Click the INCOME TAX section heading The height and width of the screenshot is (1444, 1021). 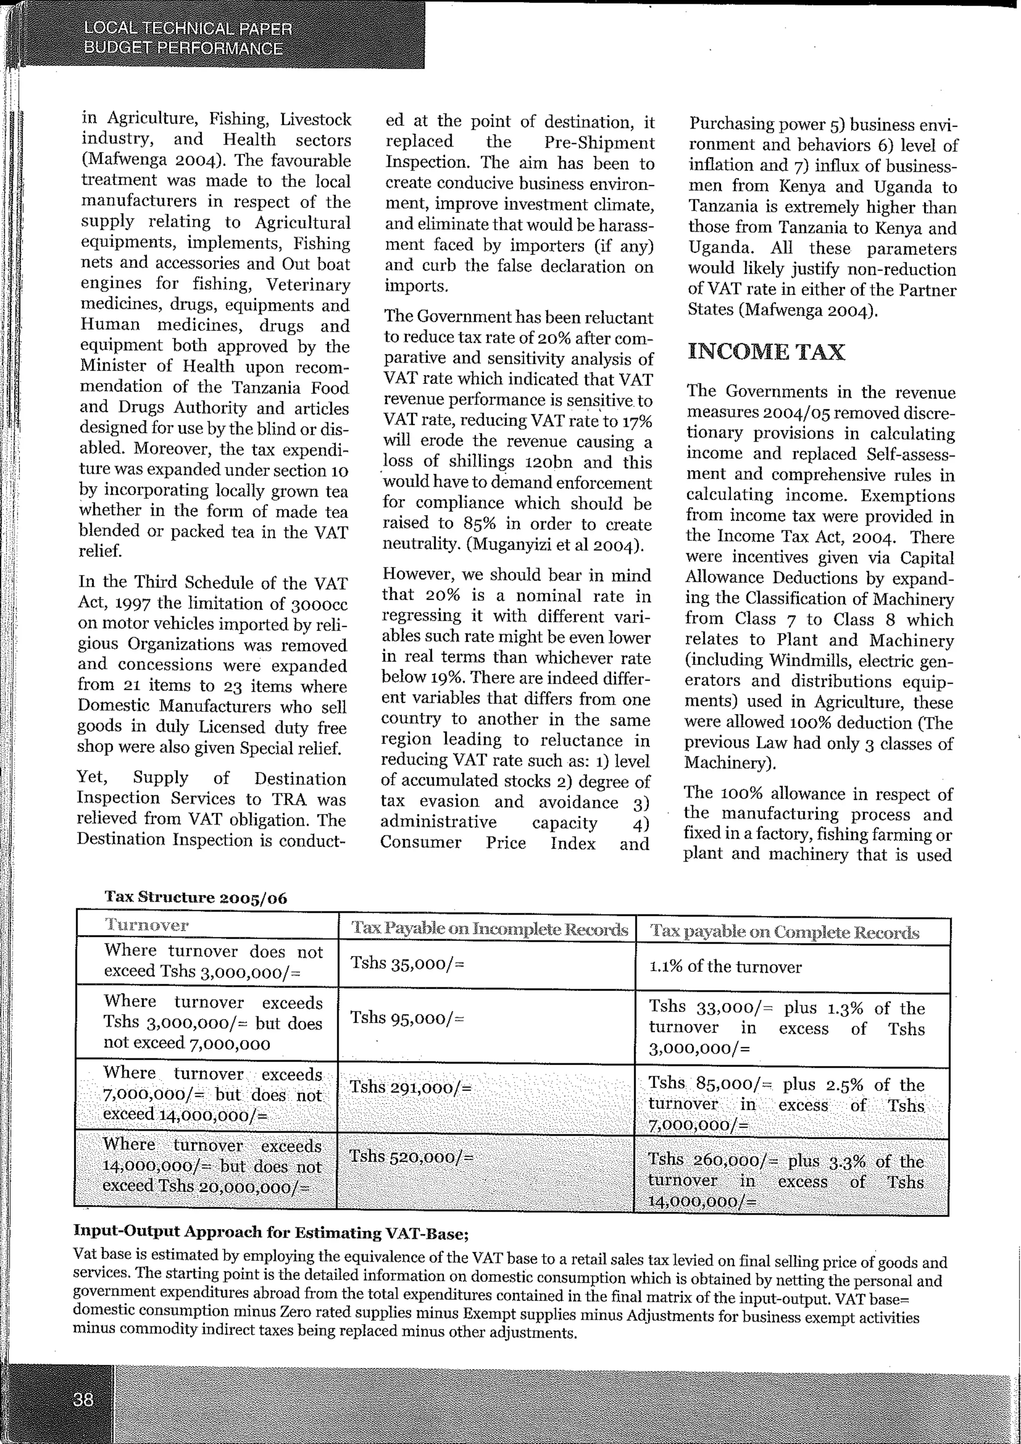[x=766, y=352]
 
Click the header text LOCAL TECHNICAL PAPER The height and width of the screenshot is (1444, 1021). [x=188, y=29]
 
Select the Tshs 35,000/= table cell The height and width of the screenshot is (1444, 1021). [x=407, y=963]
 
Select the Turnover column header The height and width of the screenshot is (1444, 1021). [x=146, y=925]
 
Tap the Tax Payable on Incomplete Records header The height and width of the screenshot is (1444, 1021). [x=489, y=929]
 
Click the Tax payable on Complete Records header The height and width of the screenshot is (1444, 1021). [x=785, y=932]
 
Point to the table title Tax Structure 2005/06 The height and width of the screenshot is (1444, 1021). [x=195, y=898]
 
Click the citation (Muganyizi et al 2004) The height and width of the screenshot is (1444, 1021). [x=556, y=544]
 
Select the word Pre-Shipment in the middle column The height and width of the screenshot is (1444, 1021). [x=599, y=143]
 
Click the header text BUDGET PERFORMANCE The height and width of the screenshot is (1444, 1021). [x=183, y=48]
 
